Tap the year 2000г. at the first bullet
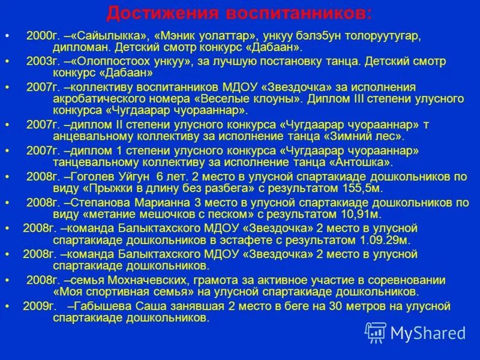(41, 35)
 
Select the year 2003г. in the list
(41, 62)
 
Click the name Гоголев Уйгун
(110, 176)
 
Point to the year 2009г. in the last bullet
(40, 306)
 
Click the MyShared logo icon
(376, 332)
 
